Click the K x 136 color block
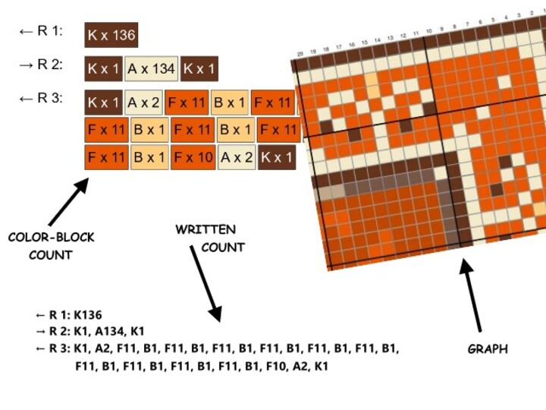point(111,35)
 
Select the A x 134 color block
point(152,68)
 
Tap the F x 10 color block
point(193,158)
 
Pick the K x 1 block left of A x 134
point(104,68)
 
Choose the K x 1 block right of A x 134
point(199,68)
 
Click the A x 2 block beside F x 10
point(236,158)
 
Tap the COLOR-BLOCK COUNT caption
point(51,246)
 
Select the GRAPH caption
point(487,349)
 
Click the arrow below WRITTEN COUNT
point(206,285)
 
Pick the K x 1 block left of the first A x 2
point(104,102)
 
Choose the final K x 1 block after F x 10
point(276,158)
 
